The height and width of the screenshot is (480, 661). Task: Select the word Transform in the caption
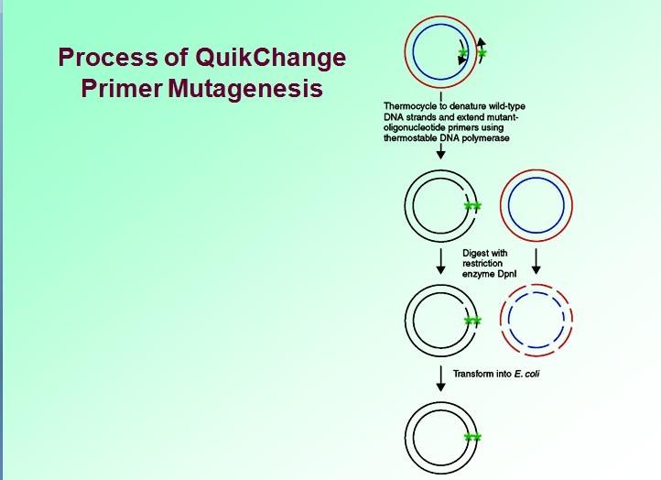(x=476, y=373)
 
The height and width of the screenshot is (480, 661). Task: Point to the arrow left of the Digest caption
(x=442, y=262)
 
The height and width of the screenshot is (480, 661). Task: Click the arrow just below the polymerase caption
(x=442, y=152)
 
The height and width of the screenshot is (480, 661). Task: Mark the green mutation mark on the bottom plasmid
(x=472, y=438)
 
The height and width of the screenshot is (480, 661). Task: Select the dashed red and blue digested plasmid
(x=536, y=320)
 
